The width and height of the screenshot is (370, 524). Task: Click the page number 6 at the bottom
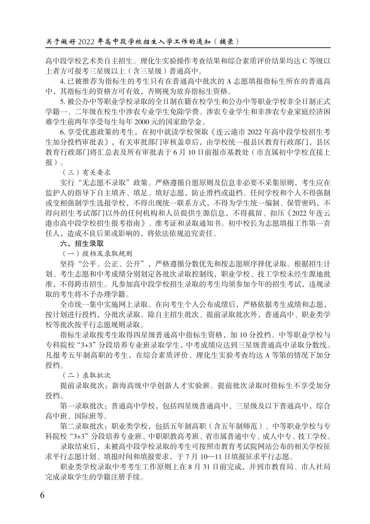pos(42,495)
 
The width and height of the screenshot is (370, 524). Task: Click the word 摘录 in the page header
pos(226,42)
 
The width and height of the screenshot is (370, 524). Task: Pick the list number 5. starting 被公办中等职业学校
pos(62,102)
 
